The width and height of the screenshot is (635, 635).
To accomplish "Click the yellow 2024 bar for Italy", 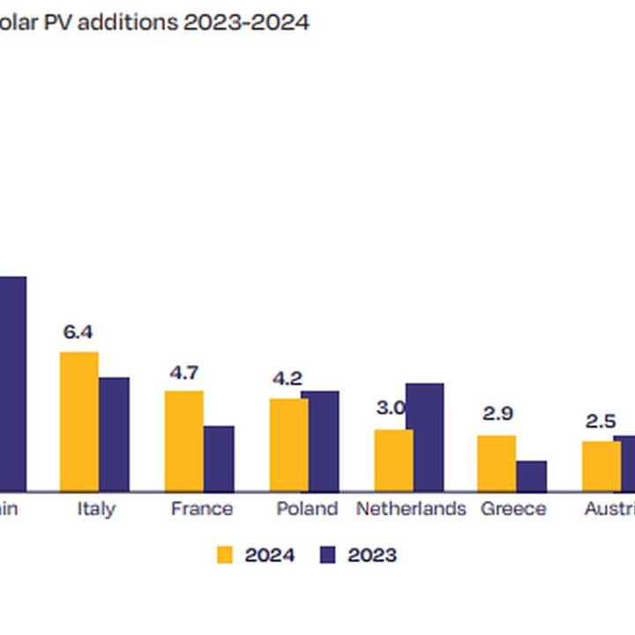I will pos(78,422).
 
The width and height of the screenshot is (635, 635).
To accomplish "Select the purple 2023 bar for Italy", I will pos(115,434).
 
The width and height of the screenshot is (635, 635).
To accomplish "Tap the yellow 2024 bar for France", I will pos(183,441).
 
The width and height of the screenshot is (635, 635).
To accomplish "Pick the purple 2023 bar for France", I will pos(220,459).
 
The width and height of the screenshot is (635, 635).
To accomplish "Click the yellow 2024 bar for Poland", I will pos(288,444).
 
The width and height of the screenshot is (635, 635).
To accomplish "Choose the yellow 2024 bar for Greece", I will pos(497,463).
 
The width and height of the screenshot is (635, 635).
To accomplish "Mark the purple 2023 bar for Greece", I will pos(532,475).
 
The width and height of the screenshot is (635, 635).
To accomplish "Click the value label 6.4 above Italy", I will pos(78,332).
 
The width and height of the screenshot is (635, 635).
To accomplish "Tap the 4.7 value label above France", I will pos(183,372).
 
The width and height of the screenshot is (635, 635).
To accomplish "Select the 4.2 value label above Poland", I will pos(288,379).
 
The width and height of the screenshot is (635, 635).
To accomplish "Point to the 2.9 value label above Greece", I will pos(497,414).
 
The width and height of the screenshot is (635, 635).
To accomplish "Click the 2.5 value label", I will pos(601,421).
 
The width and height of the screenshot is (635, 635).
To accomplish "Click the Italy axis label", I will pos(95,509).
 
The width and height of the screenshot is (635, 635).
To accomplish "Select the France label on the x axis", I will pos(202,509).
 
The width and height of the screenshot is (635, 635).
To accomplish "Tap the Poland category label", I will pos(307,509).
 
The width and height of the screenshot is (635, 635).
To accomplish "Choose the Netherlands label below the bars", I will pos(411,509).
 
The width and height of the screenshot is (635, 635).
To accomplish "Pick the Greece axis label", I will pos(513,509).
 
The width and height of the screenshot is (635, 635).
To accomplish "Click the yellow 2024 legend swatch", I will pos(226,555).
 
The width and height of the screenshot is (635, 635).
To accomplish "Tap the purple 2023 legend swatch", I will pos(329,555).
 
